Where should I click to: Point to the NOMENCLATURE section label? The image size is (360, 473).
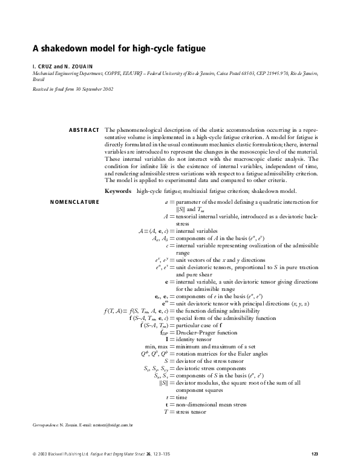74,201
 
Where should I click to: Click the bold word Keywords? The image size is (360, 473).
118,191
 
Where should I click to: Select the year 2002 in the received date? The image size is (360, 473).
105,89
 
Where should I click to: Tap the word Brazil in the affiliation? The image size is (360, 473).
38,79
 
